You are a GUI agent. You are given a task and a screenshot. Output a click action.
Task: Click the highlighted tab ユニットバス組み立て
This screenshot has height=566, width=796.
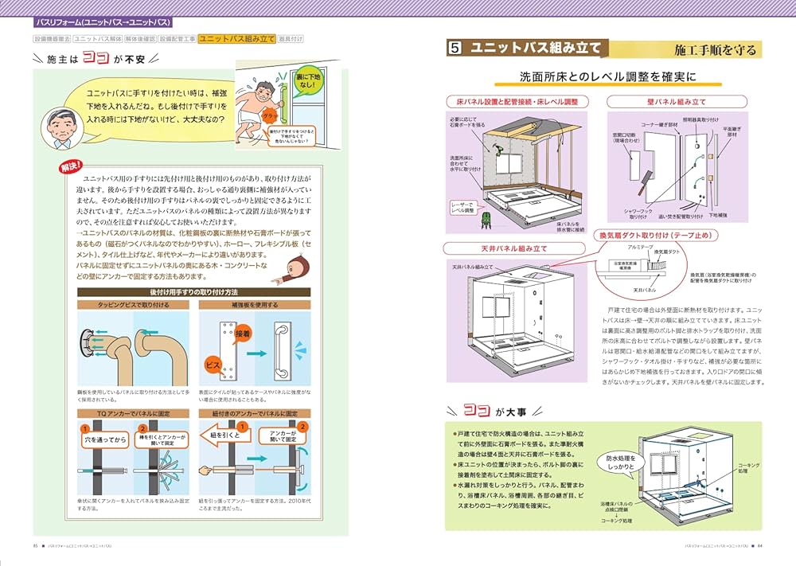coord(237,38)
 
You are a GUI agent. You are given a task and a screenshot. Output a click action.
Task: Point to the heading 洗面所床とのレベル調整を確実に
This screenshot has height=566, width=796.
coord(607,78)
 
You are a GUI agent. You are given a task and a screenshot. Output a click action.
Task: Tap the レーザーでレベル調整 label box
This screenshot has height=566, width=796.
coord(463,209)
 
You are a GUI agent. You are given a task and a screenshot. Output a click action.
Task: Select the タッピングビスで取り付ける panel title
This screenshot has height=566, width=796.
coord(132,305)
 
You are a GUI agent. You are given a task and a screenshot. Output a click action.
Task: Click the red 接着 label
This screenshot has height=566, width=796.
coord(246,335)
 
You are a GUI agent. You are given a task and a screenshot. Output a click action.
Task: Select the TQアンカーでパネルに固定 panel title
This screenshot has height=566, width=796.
coord(132,414)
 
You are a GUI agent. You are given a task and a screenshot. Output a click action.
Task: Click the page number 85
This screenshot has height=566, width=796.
coord(36,545)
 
